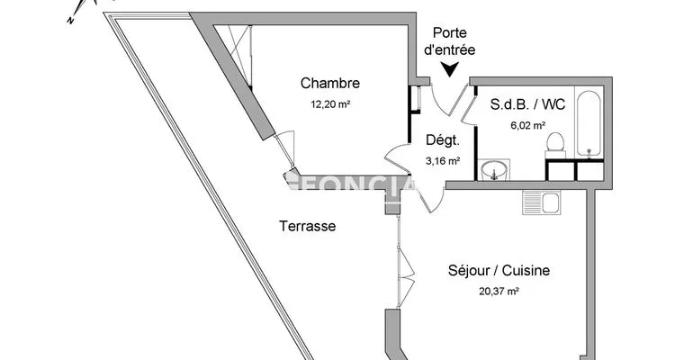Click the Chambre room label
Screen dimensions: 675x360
click(x=330, y=83)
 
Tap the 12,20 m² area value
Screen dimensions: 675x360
click(x=330, y=103)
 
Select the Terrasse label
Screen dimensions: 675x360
click(x=308, y=226)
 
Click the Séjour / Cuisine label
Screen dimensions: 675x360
click(x=499, y=270)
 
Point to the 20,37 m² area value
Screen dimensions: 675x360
click(x=499, y=291)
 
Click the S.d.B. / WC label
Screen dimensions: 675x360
click(x=527, y=104)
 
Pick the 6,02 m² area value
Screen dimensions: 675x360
click(x=528, y=125)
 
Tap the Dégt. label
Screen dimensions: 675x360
click(x=443, y=140)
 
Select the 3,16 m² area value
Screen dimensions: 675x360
click(x=443, y=161)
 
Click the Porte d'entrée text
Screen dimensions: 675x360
click(x=450, y=41)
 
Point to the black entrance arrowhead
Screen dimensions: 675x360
click(x=450, y=69)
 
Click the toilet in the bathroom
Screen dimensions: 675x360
click(x=555, y=146)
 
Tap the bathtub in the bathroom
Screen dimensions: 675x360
click(x=589, y=123)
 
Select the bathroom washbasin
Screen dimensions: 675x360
click(x=494, y=170)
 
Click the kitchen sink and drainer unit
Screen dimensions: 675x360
click(x=542, y=202)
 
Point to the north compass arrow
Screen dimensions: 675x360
click(x=77, y=11)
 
